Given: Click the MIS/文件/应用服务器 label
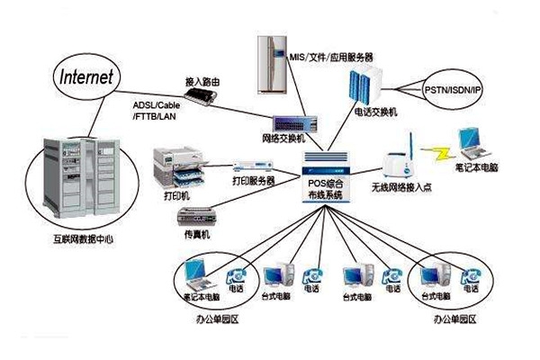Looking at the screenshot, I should [333, 57].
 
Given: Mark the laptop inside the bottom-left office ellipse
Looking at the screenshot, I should [196, 273].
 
